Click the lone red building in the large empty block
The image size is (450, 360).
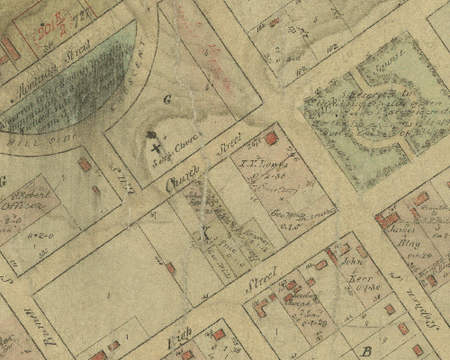pos(170,267)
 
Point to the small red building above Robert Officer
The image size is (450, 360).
pos(85,165)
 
